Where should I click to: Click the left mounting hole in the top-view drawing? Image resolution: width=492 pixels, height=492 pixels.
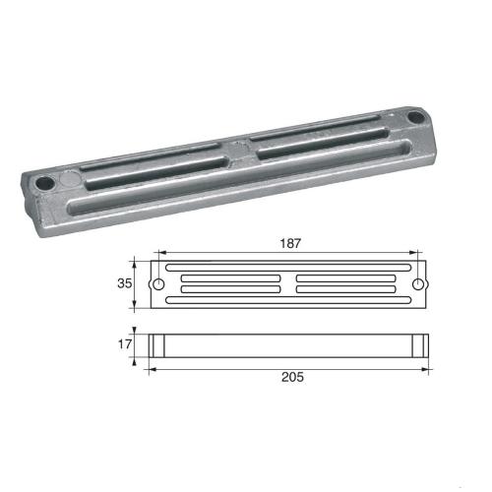click(x=156, y=284)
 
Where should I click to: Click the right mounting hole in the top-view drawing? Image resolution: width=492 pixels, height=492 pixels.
click(x=419, y=284)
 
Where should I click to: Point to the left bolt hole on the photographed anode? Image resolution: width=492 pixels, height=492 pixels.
click(x=45, y=183)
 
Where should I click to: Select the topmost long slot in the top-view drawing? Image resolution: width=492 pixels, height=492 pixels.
click(x=287, y=267)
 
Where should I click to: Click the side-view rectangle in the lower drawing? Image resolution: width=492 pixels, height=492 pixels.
click(x=287, y=345)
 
